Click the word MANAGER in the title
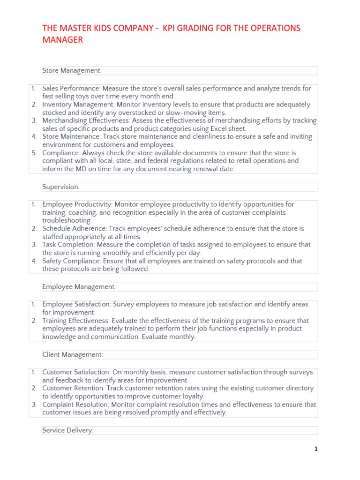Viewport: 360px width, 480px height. [x=62, y=40]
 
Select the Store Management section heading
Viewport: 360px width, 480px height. [x=72, y=71]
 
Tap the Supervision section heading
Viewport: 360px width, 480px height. [x=61, y=187]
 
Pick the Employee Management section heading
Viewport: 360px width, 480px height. [x=79, y=287]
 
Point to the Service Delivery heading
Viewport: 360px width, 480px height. [x=68, y=430]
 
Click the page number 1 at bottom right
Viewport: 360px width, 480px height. [x=316, y=449]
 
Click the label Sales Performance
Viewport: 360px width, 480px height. [x=71, y=89]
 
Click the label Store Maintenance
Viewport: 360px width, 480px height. [x=71, y=137]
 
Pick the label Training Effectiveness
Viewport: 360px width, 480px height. [x=75, y=321]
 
